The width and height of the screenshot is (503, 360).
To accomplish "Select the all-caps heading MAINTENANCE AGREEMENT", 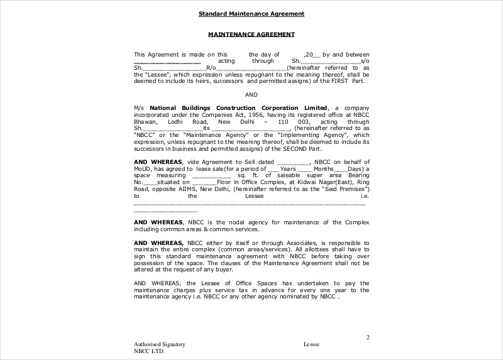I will point(251,34).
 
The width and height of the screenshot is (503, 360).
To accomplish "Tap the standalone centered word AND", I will point(251,95).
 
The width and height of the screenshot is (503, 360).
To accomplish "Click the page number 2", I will point(368,337).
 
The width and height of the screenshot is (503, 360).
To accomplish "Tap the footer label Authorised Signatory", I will point(159,345).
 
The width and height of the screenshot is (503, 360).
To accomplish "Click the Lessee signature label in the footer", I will point(311,345).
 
